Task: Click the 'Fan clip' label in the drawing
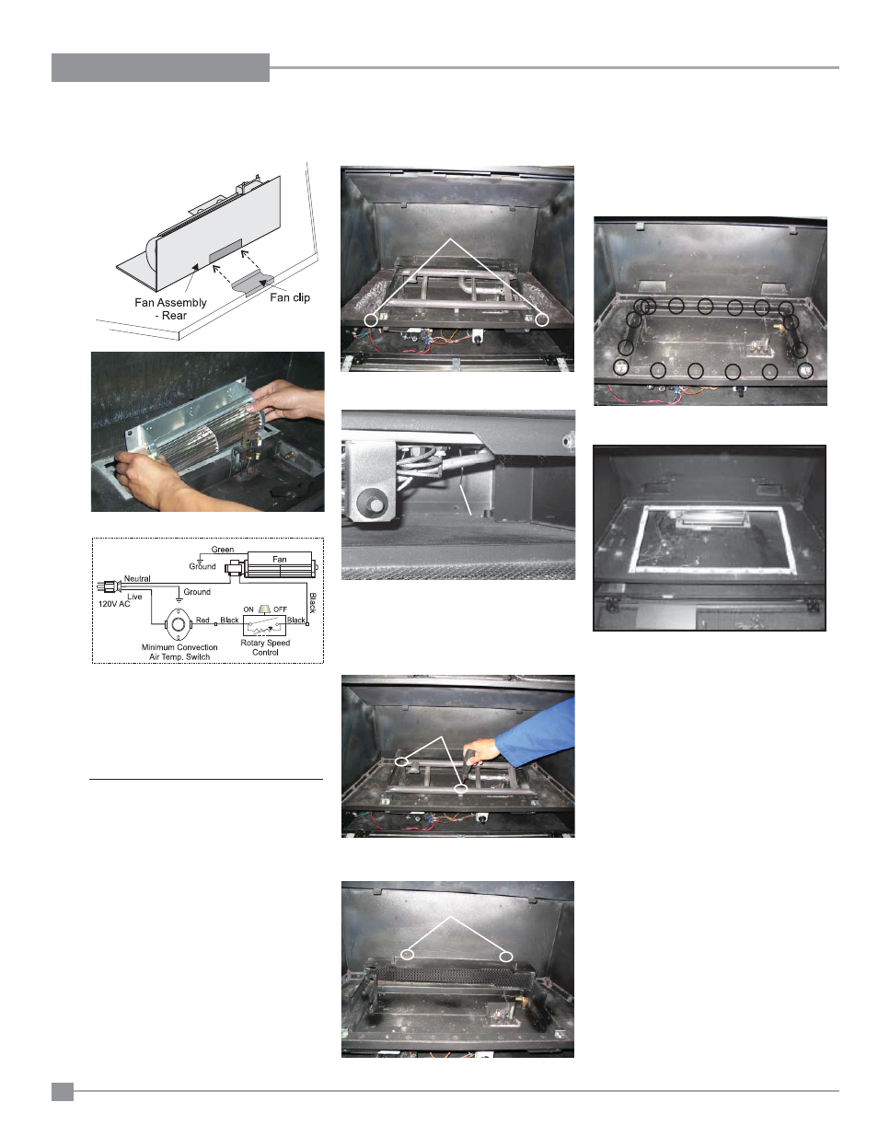(290, 297)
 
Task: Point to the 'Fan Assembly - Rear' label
(170, 308)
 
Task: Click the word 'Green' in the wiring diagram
(222, 550)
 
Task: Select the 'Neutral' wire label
(137, 579)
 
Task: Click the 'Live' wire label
(134, 597)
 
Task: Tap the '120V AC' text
(114, 604)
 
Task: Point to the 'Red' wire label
(202, 620)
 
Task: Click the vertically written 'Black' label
(313, 603)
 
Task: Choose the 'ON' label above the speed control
(248, 609)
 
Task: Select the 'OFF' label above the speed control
(281, 609)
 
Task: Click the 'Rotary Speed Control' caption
(265, 647)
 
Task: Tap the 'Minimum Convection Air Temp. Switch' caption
(179, 652)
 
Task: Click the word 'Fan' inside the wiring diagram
(280, 560)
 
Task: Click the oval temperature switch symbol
(179, 624)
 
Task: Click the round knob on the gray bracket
(374, 505)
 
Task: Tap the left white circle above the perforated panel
(408, 955)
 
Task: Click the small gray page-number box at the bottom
(63, 1092)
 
